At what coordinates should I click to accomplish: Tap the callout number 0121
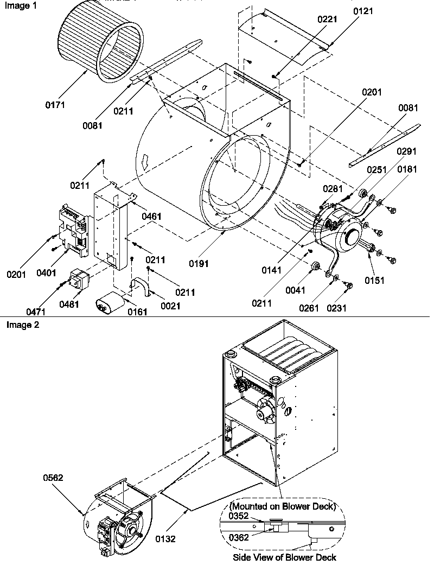click(362, 11)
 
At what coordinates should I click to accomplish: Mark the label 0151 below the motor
click(375, 281)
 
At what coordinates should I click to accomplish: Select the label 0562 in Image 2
click(53, 478)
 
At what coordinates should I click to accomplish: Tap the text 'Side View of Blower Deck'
click(284, 557)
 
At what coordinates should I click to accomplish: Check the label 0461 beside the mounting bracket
click(152, 216)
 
